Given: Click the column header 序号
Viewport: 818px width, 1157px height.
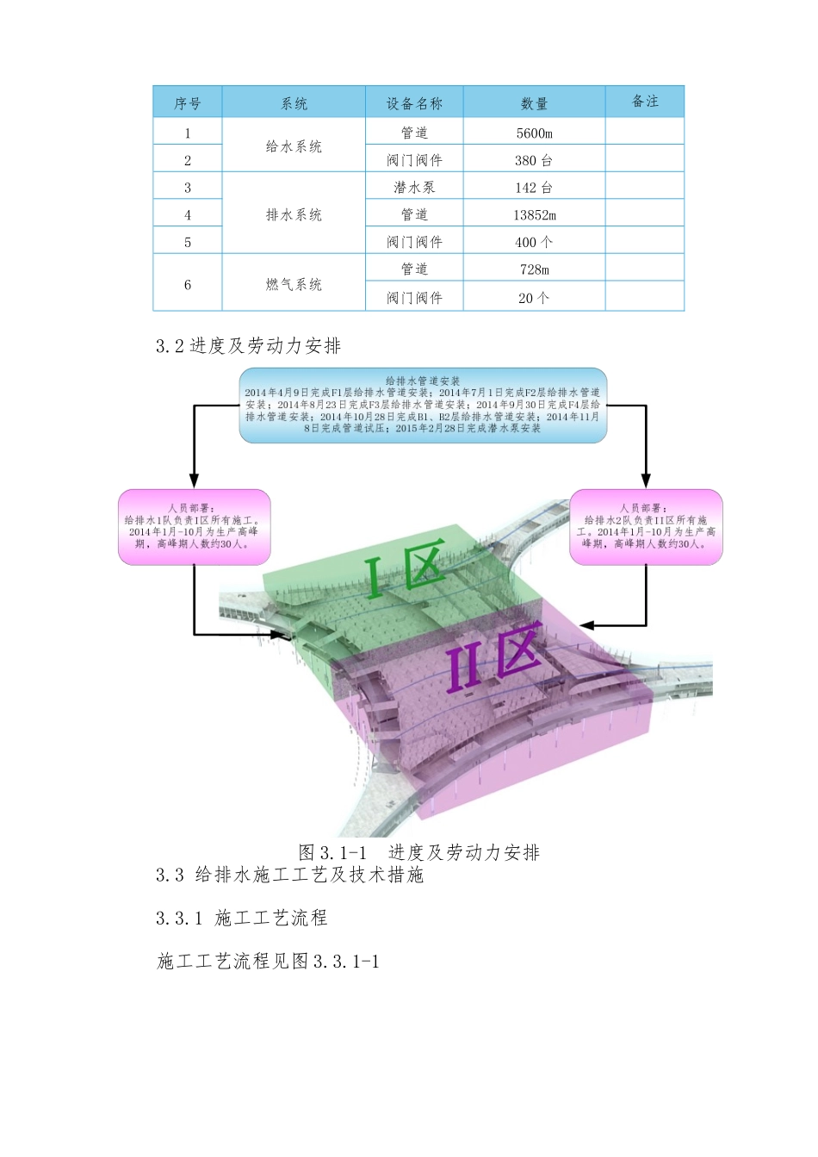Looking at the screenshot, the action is point(187,103).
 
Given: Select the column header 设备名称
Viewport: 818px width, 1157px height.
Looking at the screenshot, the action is point(414,103).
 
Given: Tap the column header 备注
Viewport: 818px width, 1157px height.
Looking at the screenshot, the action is point(645,102).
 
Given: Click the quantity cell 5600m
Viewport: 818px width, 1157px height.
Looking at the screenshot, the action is point(534,133).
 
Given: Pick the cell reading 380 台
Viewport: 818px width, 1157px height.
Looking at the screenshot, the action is point(534,160).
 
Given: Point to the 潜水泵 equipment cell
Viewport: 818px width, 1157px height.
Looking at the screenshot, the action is point(414,187).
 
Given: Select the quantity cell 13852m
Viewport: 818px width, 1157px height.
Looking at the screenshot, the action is point(534,214).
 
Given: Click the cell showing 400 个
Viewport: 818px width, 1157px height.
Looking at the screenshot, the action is point(534,242).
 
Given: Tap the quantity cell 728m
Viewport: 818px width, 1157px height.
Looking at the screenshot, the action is point(534,269).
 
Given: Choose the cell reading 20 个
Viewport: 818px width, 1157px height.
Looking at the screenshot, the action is point(534,298).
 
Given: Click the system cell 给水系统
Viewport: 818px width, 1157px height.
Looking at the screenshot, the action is point(294,146).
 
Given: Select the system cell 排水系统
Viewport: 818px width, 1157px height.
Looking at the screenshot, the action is point(294,214).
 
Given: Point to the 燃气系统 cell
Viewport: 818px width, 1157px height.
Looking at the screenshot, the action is point(294,284).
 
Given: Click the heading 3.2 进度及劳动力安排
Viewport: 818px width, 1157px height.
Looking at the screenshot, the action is point(249,346).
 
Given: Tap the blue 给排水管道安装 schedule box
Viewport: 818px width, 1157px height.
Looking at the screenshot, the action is point(423,405).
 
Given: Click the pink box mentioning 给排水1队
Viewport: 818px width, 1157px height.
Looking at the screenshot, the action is point(194,527).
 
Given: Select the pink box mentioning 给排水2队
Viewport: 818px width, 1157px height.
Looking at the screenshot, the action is point(646,527).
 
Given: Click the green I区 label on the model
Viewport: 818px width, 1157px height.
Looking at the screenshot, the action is point(405,568).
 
